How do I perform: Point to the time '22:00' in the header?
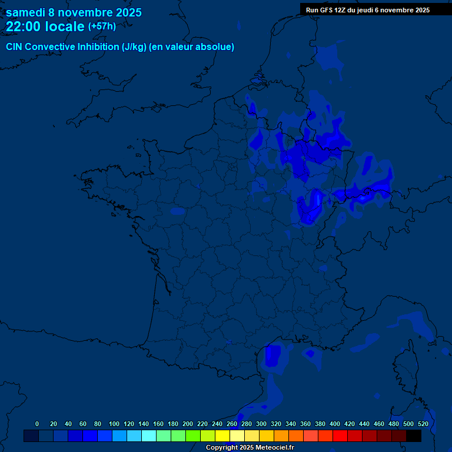[24, 26]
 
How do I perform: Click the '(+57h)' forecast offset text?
[102, 26]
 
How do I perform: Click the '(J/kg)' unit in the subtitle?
[134, 47]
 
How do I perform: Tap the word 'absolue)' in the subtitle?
[215, 47]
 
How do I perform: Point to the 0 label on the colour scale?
[37, 424]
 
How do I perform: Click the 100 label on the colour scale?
[114, 424]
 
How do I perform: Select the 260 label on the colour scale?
[232, 424]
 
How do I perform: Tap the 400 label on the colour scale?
[335, 424]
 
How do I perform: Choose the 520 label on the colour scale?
[423, 424]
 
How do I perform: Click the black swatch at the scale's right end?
[414, 436]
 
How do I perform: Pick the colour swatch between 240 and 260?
[222, 436]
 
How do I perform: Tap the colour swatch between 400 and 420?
[340, 436]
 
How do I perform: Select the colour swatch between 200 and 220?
[193, 436]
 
